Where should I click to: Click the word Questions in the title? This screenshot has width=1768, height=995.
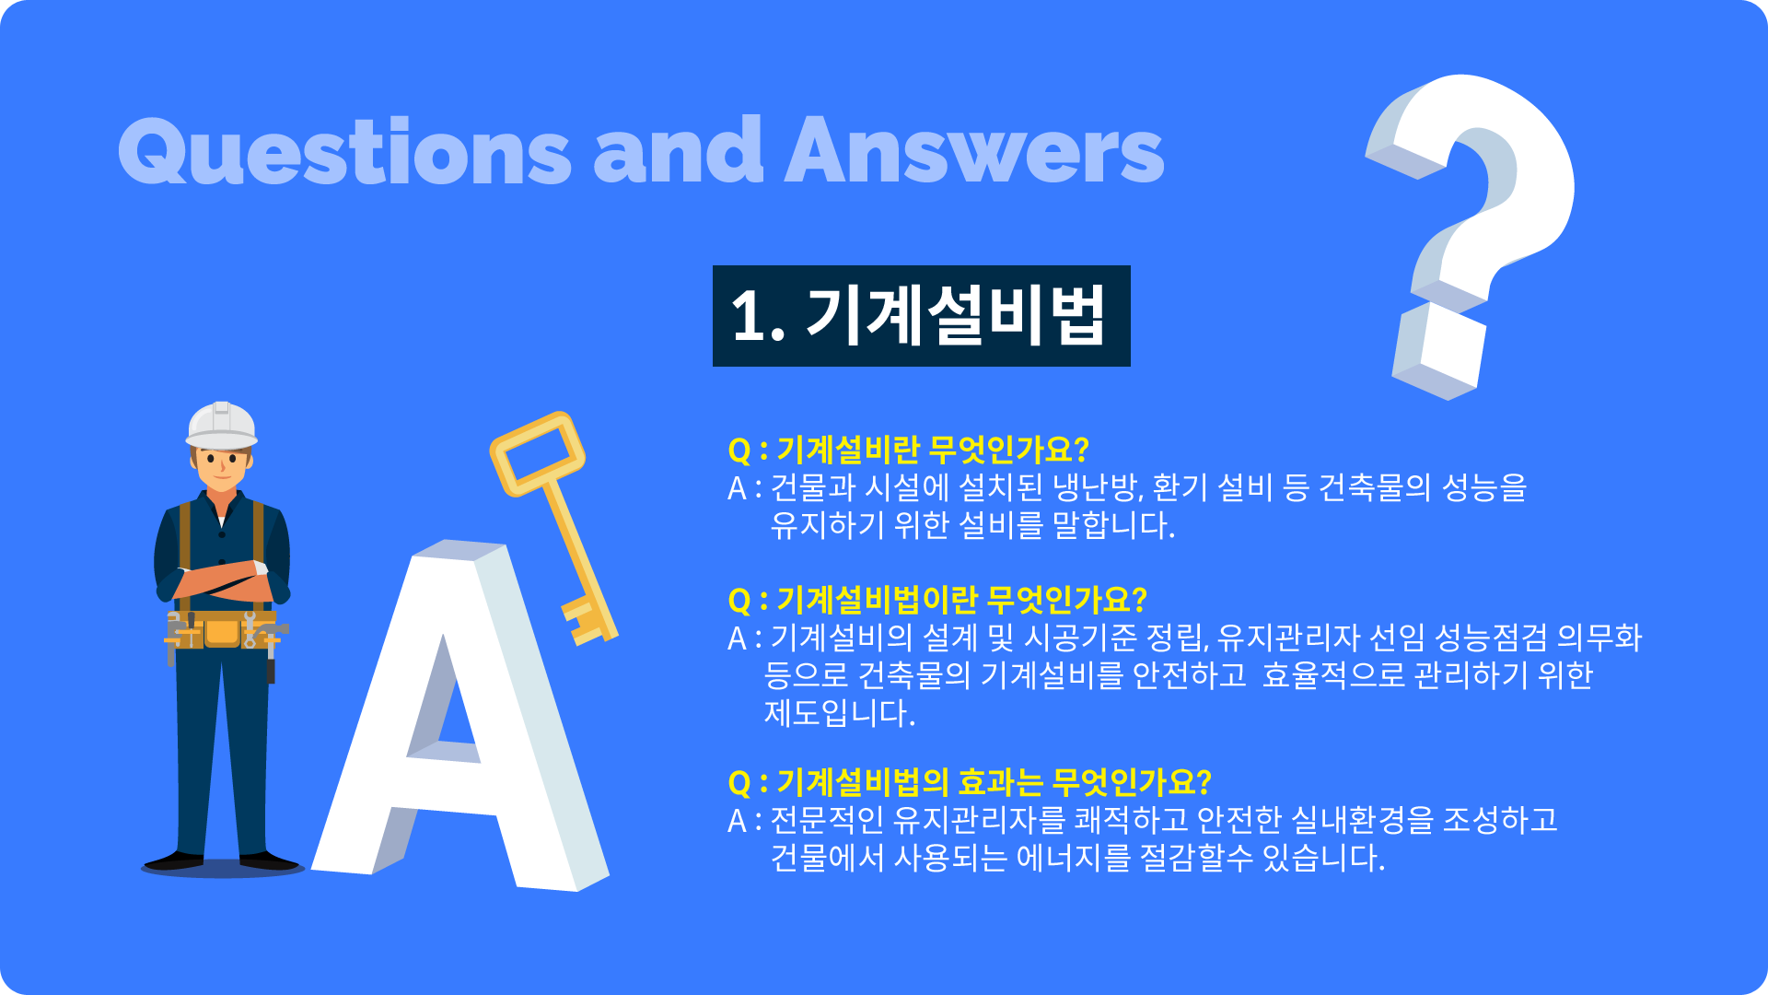point(345,151)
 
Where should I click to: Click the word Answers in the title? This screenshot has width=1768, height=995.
point(974,149)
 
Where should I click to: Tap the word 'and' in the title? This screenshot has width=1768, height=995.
point(679,149)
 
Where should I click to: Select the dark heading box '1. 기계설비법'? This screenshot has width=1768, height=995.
point(921,316)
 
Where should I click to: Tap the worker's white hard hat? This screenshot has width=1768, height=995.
point(222,426)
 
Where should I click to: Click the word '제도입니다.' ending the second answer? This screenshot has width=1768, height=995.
point(840,713)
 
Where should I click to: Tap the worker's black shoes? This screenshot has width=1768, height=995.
point(222,861)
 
